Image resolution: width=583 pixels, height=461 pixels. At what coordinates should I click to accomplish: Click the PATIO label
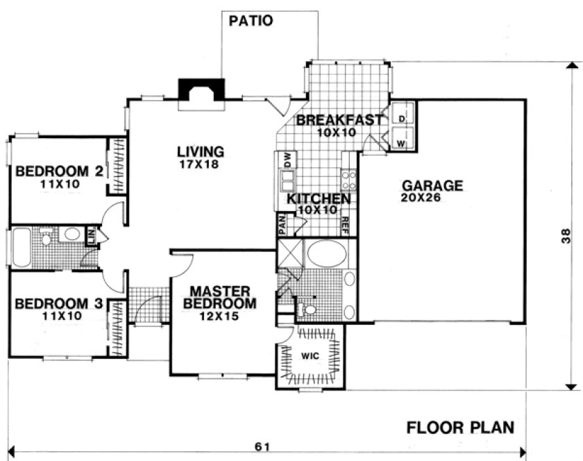pos(251,20)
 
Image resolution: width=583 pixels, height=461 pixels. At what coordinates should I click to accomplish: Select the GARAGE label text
pos(432,185)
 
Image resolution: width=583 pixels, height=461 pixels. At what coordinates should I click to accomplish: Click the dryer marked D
pos(402,118)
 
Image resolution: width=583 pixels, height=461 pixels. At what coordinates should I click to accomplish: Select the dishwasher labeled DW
pos(285,159)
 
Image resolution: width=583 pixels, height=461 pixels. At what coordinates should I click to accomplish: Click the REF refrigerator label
pos(345,224)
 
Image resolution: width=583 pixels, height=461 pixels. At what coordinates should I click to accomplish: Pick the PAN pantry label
pos(282,224)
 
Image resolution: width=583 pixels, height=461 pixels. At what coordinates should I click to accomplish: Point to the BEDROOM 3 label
pos(60,303)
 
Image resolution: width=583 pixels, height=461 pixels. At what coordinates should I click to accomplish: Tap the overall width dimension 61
pos(262,446)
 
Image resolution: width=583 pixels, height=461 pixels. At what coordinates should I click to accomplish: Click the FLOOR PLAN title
pos(460,426)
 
